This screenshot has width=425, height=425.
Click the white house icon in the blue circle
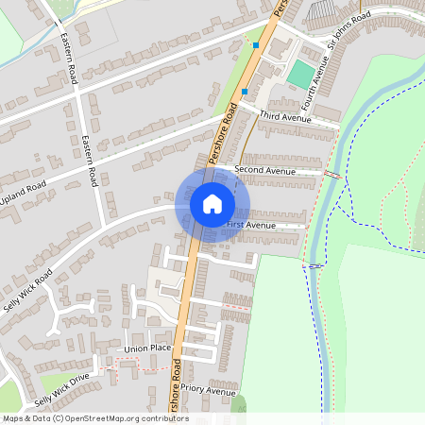pyautogui.click(x=212, y=203)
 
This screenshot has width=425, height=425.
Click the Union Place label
pyautogui.click(x=147, y=348)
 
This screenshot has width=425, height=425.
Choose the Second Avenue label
pyautogui.click(x=264, y=171)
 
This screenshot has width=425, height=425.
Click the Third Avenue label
pyautogui.click(x=284, y=118)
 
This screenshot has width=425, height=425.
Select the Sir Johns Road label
pyautogui.click(x=346, y=31)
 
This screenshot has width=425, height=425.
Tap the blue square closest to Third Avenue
pyautogui.click(x=245, y=92)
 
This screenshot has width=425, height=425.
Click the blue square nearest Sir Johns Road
pyautogui.click(x=256, y=44)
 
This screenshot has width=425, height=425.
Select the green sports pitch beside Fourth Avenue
pyautogui.click(x=301, y=74)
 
